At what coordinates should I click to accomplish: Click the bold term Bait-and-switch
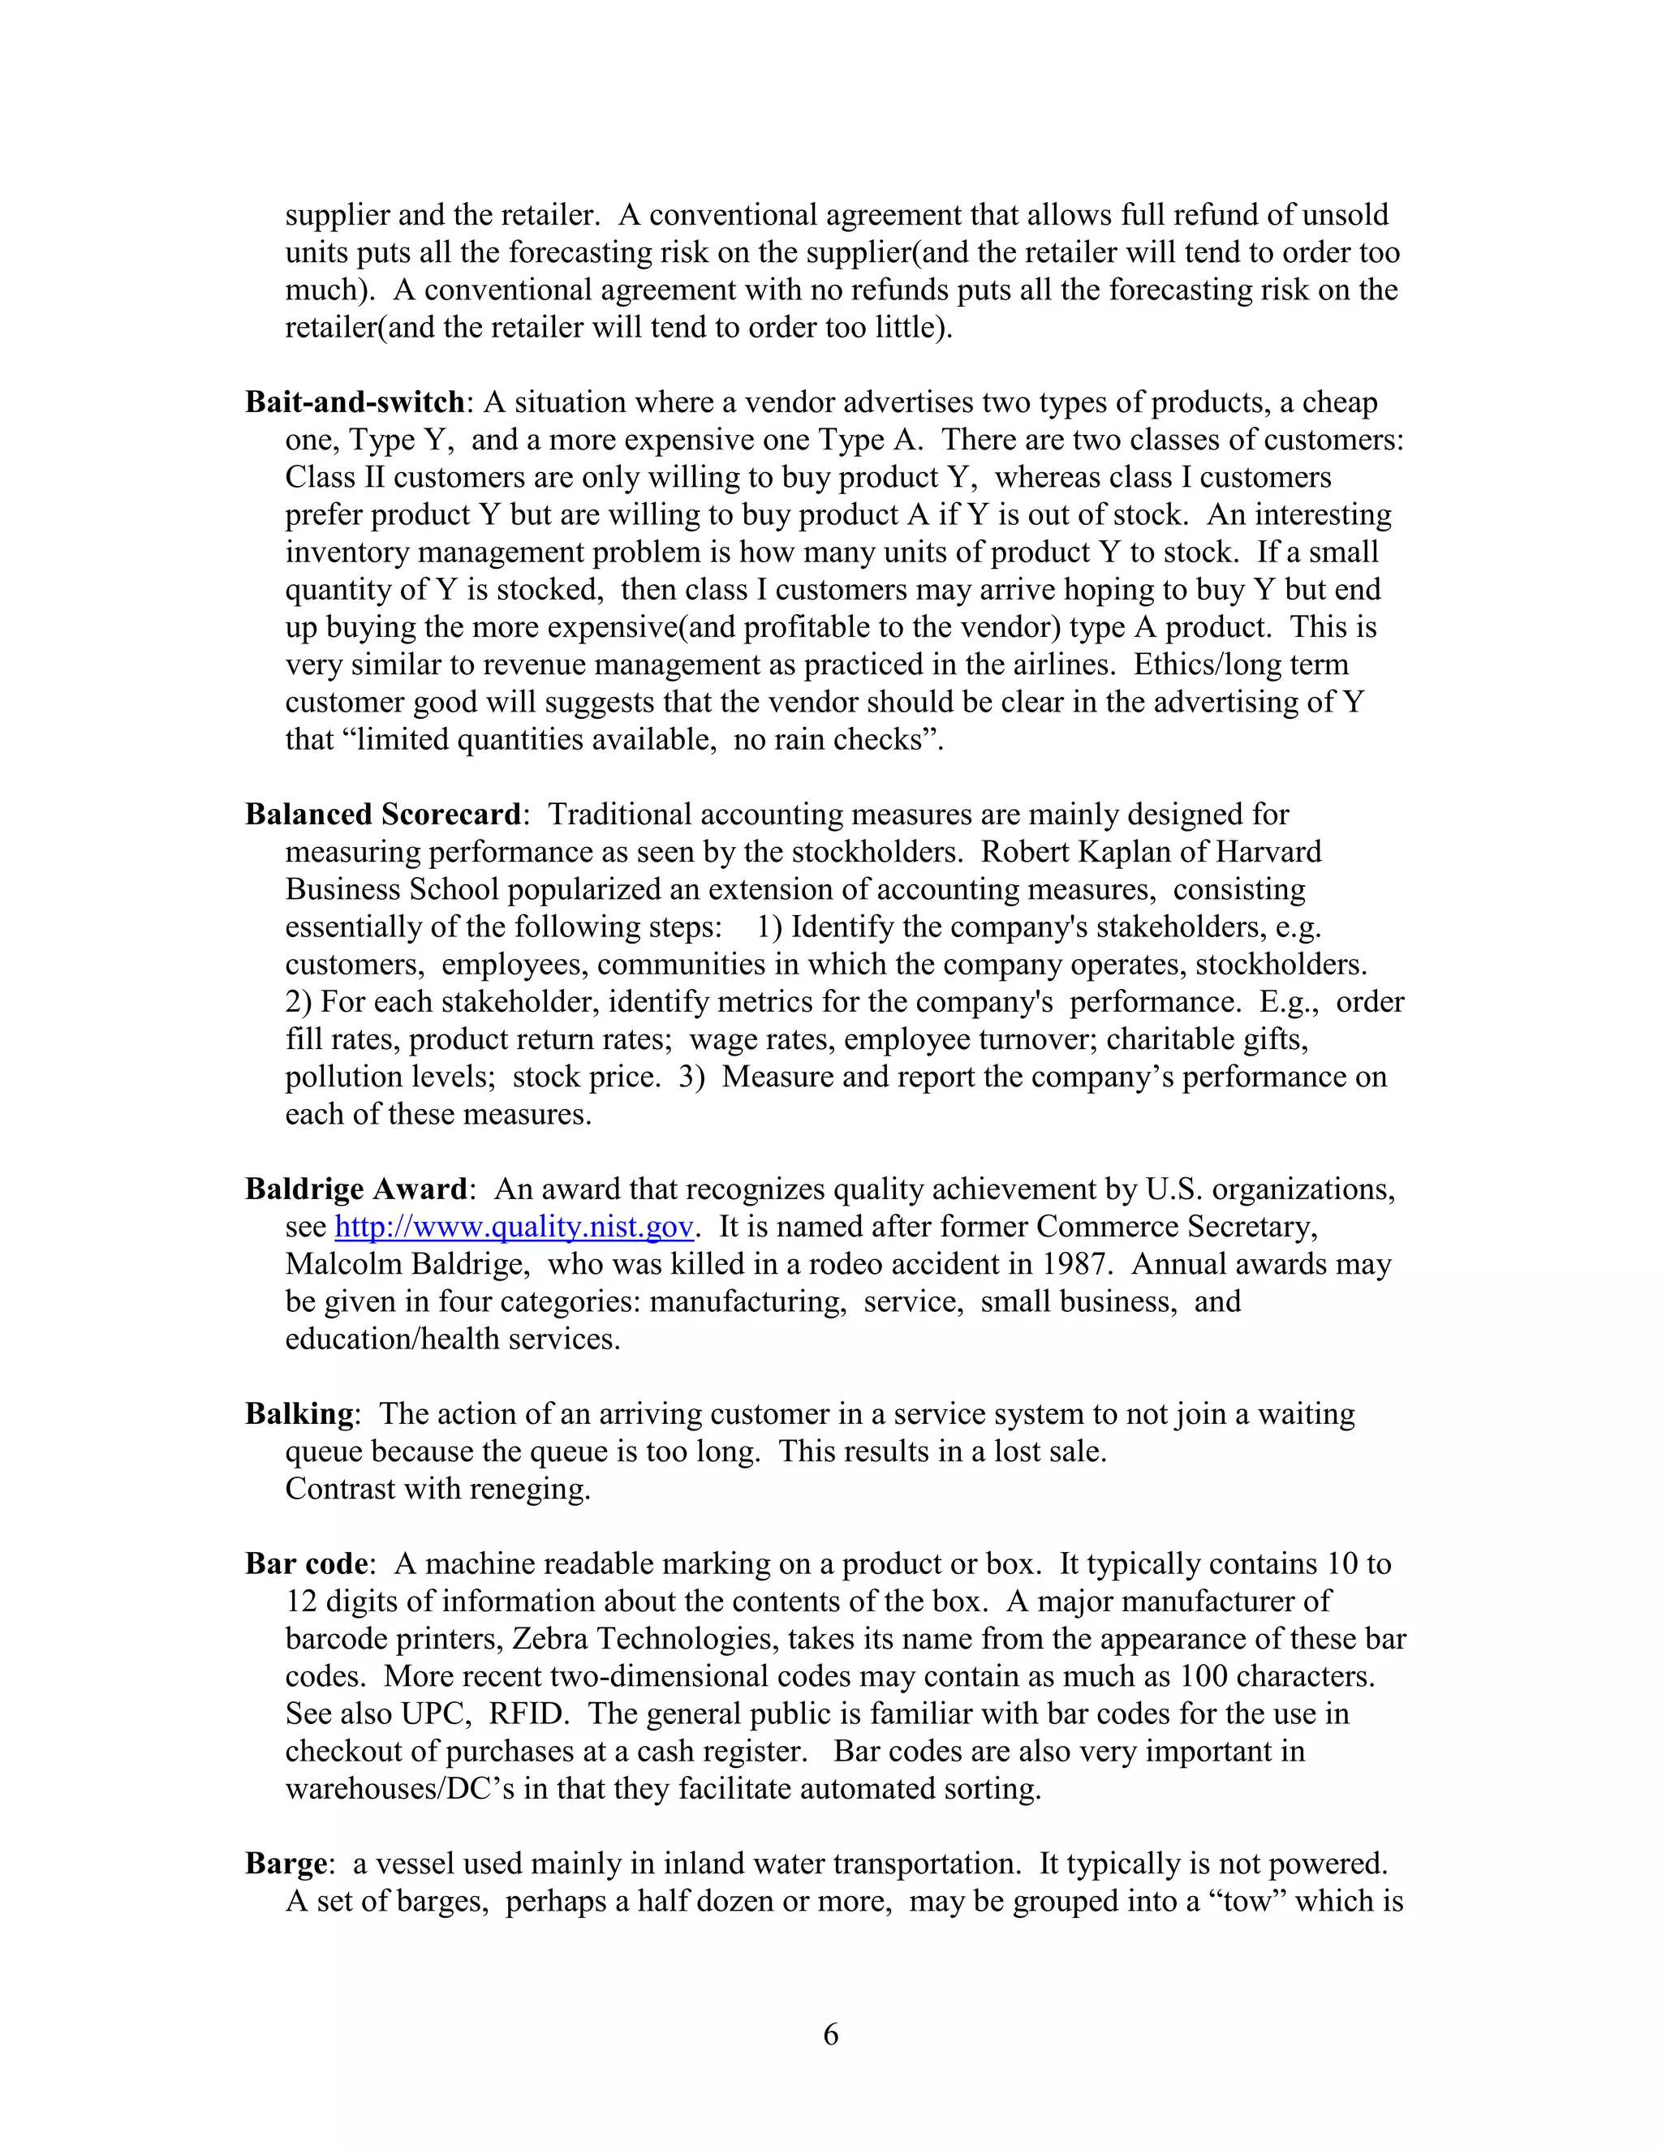click(x=355, y=402)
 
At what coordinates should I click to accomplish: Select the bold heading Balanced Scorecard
click(x=383, y=815)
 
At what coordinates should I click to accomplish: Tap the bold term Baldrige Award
click(x=356, y=1189)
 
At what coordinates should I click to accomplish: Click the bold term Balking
click(x=299, y=1415)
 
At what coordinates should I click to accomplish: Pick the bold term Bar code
click(x=306, y=1564)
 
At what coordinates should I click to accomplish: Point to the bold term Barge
click(x=286, y=1864)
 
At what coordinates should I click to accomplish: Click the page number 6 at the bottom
click(x=830, y=2033)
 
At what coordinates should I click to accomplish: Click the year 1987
click(x=1077, y=1264)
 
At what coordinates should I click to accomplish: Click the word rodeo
click(x=851, y=1264)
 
